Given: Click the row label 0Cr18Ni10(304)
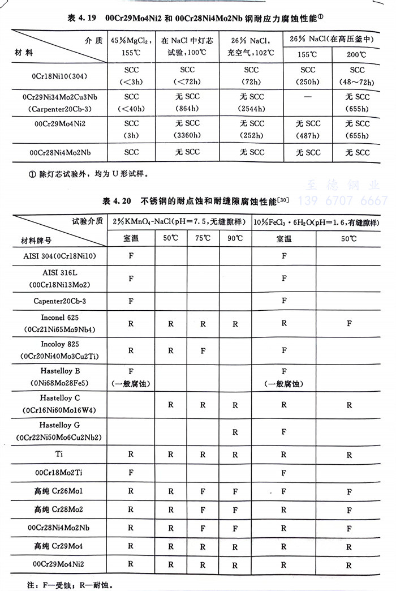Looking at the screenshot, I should (59, 75).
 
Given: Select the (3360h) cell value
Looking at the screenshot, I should (187, 135).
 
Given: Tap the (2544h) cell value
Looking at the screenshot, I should (251, 109).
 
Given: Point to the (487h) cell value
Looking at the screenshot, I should (308, 135).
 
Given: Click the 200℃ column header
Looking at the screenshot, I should (357, 55).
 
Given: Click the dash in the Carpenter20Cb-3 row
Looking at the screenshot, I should (308, 97).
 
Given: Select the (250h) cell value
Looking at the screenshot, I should (308, 82).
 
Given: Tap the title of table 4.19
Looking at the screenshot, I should (198, 19).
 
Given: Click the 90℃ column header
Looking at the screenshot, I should (235, 238).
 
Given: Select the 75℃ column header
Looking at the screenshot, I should (203, 238).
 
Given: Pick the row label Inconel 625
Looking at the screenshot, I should (59, 318).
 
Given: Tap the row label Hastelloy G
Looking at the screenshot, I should (59, 425).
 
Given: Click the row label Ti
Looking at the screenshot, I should (59, 454).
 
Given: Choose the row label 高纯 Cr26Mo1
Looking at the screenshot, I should (59, 491).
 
